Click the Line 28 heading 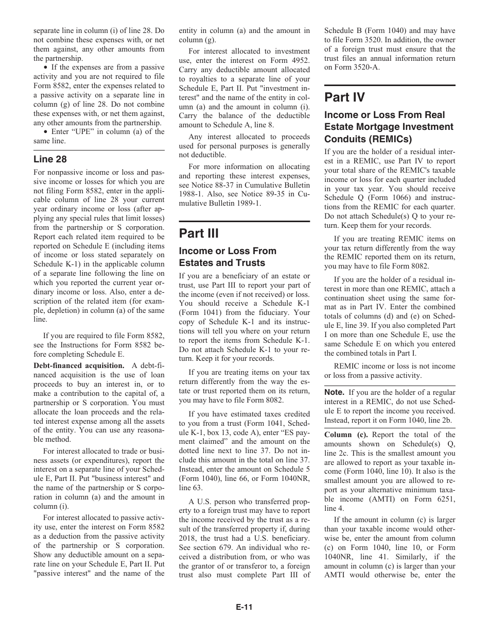[50, 159]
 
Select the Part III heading [199, 233]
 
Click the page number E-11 [244, 607]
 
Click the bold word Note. [335, 392]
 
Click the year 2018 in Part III [189, 538]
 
